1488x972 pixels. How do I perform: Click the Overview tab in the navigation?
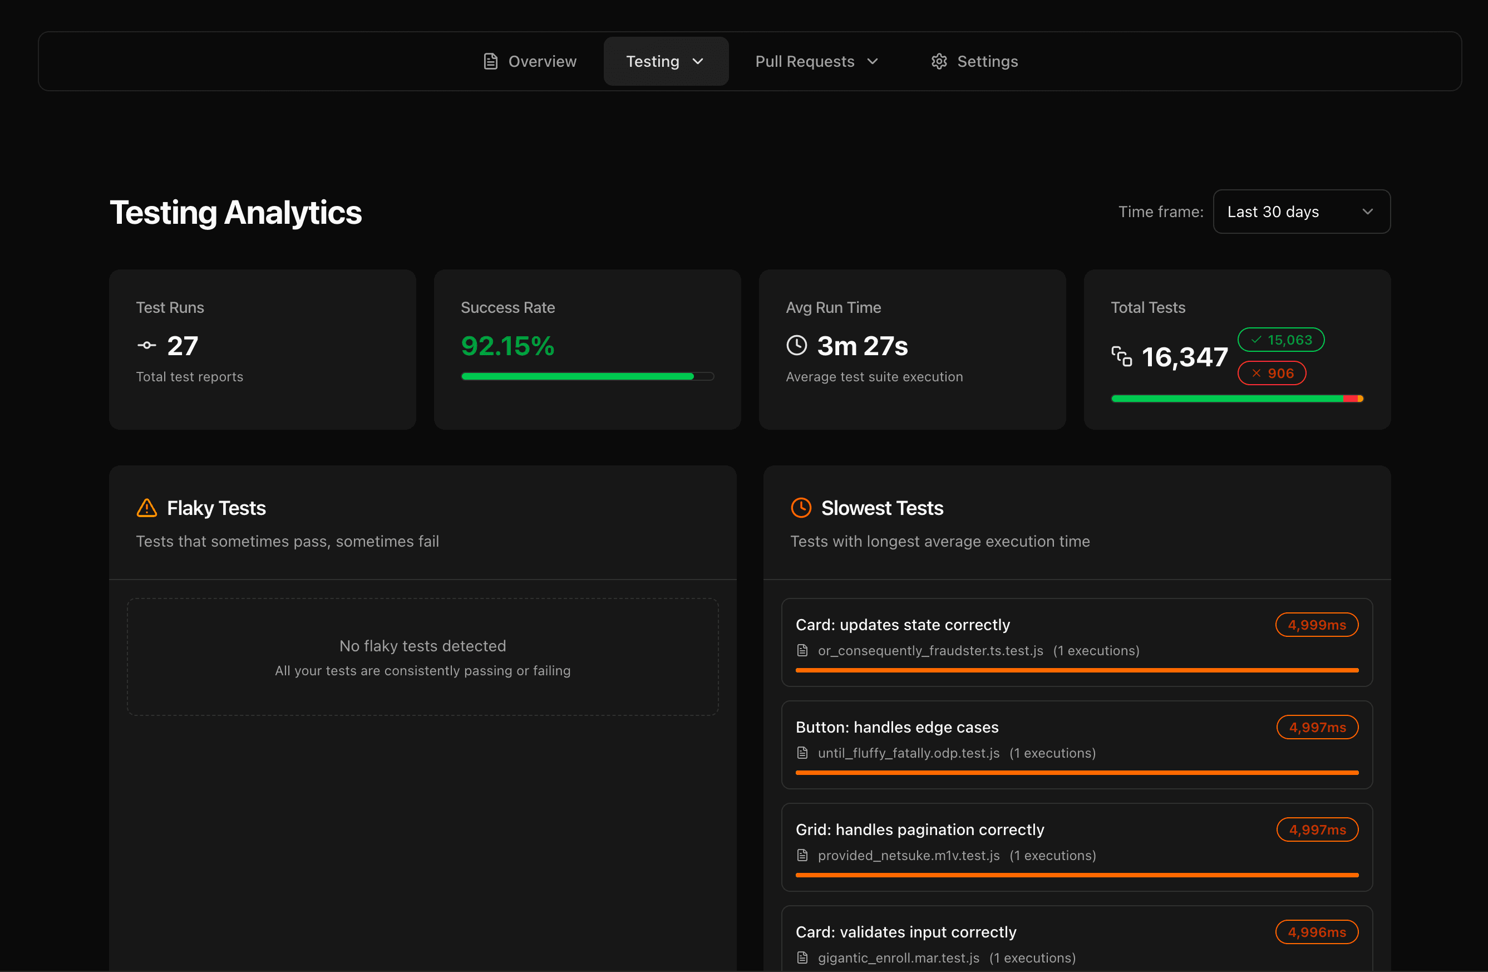(530, 61)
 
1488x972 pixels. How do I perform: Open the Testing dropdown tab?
(665, 61)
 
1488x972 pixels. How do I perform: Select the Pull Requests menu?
(816, 61)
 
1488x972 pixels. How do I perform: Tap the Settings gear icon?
(938, 61)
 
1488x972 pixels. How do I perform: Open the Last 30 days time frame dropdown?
(1301, 212)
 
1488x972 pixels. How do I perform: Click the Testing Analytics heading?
(236, 213)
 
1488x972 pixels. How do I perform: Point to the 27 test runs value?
(183, 346)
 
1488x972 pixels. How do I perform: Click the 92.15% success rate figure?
(507, 346)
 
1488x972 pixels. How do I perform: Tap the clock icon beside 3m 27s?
(796, 345)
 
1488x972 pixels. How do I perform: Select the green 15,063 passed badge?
(1280, 340)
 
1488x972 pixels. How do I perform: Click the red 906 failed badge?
(1272, 374)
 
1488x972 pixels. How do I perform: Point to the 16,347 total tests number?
(1184, 357)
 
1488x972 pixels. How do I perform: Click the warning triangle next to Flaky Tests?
(146, 508)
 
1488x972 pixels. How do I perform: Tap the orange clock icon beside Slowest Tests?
(801, 508)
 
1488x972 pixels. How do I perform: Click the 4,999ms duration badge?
(1316, 625)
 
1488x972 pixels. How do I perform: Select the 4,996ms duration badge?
(1316, 932)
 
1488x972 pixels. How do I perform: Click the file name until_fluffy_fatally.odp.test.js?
(908, 753)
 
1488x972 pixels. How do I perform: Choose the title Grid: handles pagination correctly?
(920, 829)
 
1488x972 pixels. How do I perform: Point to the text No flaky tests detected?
(423, 646)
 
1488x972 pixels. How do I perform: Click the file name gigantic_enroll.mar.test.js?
(899, 958)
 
